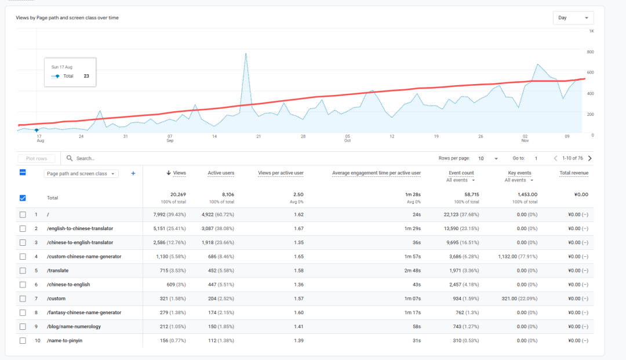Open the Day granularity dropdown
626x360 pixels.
coord(573,18)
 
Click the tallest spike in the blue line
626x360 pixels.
coord(246,54)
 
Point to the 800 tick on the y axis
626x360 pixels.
coord(590,52)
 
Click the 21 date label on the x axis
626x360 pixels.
coord(259,136)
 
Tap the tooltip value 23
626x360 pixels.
coord(86,76)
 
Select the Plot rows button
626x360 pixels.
coord(37,158)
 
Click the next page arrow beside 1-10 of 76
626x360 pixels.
coord(589,158)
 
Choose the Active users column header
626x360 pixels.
coord(221,173)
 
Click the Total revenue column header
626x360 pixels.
coord(574,173)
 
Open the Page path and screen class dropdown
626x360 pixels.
coord(81,173)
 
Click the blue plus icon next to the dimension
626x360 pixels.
coord(133,173)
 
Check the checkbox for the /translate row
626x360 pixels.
coord(23,271)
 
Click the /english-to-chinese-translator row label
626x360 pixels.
coord(80,228)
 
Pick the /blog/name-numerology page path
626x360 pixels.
coord(74,327)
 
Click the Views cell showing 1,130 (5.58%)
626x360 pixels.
coord(171,257)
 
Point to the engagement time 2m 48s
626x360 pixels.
coord(412,271)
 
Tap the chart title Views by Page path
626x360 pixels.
coord(67,18)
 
